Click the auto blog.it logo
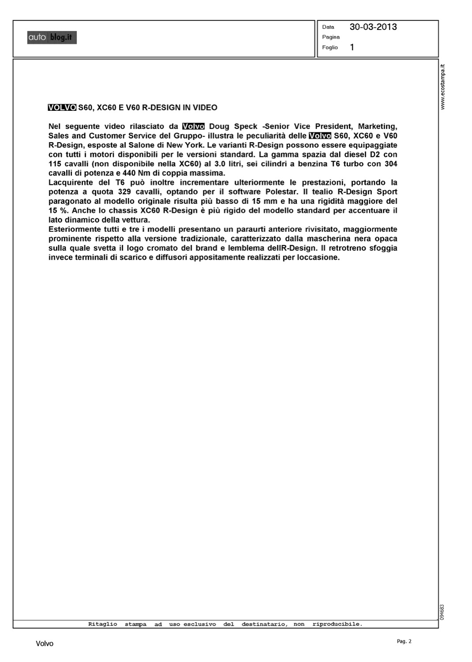52,38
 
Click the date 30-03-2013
373,27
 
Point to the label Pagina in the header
331,37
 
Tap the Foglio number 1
352,47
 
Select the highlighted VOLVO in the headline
62,108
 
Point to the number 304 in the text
390,164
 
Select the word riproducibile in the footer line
337,624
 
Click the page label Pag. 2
404,642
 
